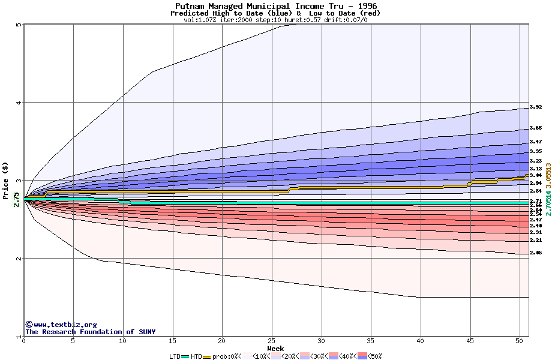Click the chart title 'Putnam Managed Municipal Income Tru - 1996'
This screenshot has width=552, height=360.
[276, 6]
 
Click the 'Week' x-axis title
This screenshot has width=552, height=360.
[275, 349]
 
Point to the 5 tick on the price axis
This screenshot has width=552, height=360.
[19, 25]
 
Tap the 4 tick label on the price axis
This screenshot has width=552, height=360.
[19, 103]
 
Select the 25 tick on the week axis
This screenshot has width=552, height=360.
[272, 341]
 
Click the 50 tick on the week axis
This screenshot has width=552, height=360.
[520, 341]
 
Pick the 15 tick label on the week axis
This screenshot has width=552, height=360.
[173, 341]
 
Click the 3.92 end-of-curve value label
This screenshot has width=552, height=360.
[536, 107]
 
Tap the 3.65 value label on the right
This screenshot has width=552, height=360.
[536, 128]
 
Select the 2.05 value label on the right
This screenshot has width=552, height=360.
[536, 253]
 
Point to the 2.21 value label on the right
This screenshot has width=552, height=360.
[536, 240]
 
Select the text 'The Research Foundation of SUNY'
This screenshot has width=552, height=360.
[90, 332]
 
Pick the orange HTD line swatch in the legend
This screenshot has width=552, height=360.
[208, 356]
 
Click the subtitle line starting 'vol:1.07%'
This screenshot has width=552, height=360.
[275, 20]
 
